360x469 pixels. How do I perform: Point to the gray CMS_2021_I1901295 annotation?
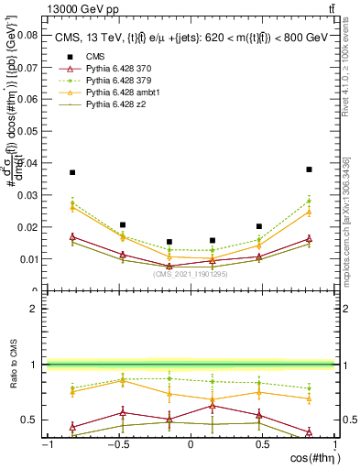point(191,273)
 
